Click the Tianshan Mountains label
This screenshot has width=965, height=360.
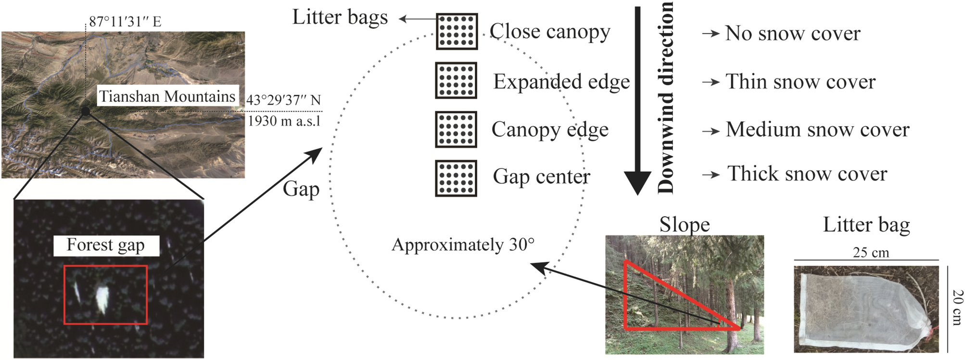(x=167, y=96)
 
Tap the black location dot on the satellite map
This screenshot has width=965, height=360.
(x=86, y=111)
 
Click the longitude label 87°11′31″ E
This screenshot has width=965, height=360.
(x=125, y=22)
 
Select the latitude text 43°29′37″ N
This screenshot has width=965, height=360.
(x=283, y=100)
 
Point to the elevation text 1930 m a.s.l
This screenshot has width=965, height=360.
(x=284, y=121)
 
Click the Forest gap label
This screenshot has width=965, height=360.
(x=105, y=245)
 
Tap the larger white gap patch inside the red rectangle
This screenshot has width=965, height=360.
(x=102, y=299)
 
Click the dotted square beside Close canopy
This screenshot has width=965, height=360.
(x=457, y=32)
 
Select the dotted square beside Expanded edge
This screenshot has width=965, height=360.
(x=456, y=80)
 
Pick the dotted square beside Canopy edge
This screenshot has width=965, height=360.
(x=456, y=129)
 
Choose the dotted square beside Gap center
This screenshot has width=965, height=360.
(x=456, y=178)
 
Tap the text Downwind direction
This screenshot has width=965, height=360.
(x=666, y=98)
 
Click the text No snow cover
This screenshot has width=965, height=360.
(x=792, y=33)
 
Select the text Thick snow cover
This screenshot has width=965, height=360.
(x=807, y=174)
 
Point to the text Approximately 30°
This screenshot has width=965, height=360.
(x=463, y=245)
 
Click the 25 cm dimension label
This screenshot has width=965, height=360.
(x=871, y=252)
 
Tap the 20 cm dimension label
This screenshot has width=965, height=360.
(x=956, y=308)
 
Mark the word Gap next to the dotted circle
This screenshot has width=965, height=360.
(x=301, y=189)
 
